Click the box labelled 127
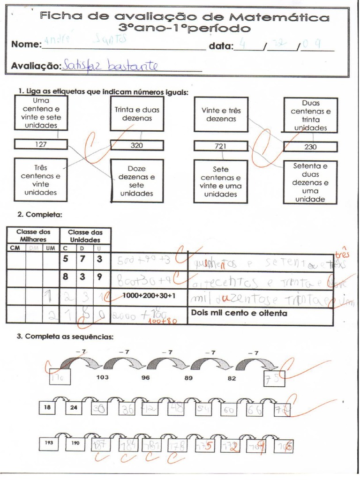click(x=41, y=144)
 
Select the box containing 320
click(x=137, y=145)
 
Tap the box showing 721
click(x=220, y=146)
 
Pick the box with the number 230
click(x=310, y=147)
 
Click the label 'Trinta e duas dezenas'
click(x=137, y=114)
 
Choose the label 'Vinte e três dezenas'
click(x=221, y=114)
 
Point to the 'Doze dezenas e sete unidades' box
click(x=137, y=180)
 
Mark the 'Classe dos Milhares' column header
click(x=33, y=235)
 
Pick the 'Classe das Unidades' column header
click(x=85, y=235)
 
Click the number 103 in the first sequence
click(x=103, y=377)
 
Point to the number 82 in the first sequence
click(x=232, y=378)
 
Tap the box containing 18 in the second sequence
click(x=47, y=408)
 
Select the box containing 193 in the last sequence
click(x=49, y=442)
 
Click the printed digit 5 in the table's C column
click(x=66, y=258)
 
